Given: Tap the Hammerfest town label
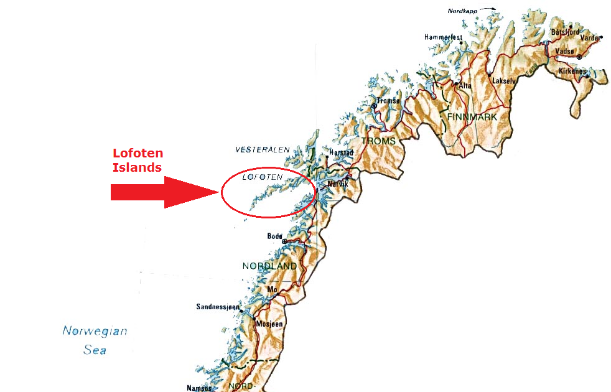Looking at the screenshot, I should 443,37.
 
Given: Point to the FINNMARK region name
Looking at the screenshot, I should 472,116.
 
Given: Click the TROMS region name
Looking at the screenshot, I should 378,141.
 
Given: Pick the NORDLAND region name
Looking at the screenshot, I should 269,266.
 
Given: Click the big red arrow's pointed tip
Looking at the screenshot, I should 216,192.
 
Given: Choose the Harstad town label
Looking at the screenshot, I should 341,152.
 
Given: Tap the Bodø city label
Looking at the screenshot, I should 274,236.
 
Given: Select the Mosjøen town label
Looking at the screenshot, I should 269,324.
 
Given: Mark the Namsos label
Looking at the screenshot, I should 199,388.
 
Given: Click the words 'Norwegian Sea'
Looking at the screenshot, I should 95,340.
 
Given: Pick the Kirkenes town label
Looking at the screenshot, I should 572,72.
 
